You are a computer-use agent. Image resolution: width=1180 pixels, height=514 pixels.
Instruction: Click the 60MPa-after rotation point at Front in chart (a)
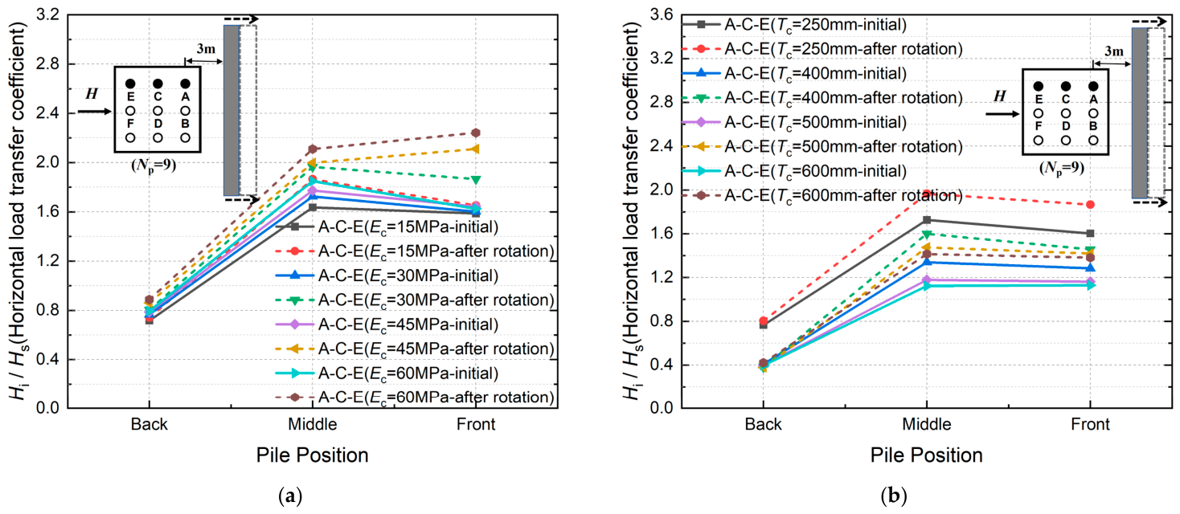point(476,133)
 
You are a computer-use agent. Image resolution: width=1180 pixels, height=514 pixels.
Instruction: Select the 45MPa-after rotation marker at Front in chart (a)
point(476,149)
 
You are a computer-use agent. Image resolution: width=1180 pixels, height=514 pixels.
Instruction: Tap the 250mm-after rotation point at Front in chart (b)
point(1090,205)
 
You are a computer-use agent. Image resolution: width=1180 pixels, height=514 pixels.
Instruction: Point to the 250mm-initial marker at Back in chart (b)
point(764,325)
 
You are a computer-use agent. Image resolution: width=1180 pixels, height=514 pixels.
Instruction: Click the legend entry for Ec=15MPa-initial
point(387,226)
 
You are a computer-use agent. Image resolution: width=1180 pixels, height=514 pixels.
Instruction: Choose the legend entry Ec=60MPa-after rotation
point(415,398)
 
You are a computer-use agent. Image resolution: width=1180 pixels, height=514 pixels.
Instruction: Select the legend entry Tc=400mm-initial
point(794,73)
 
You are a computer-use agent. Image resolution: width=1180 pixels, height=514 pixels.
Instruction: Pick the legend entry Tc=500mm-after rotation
point(822,146)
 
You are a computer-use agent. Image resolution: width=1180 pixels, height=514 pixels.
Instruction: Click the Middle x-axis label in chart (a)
point(313,424)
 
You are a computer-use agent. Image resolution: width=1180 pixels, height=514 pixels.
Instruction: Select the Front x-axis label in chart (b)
point(1090,424)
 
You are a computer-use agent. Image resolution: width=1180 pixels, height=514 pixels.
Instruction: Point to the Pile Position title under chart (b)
point(927,455)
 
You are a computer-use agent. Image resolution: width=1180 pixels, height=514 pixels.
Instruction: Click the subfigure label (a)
point(289,496)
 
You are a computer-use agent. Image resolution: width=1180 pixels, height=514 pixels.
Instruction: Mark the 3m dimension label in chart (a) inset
point(206,49)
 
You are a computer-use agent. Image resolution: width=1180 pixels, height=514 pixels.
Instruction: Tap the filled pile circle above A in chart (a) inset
point(185,84)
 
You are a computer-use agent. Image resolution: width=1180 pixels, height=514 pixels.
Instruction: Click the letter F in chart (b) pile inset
point(1039,126)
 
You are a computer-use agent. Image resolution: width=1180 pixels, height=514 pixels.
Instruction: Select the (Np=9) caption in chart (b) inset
point(1062,168)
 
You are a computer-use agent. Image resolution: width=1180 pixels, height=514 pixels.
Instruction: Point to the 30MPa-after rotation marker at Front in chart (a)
point(476,180)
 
